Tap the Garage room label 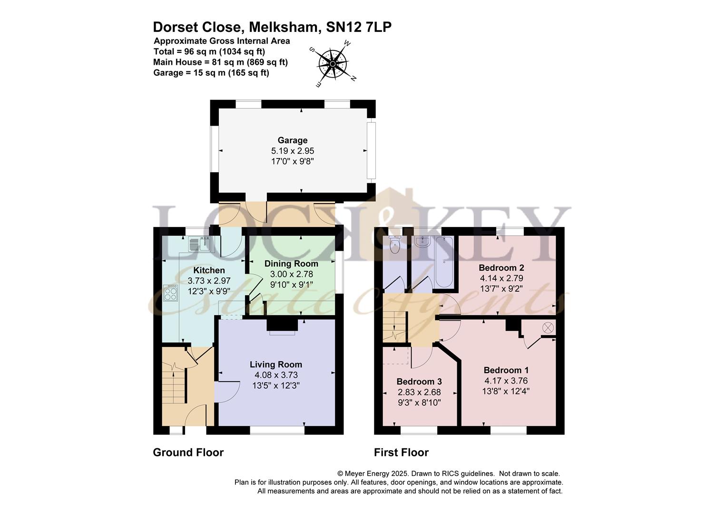pyautogui.click(x=293, y=140)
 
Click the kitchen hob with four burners pyautogui.click(x=170, y=293)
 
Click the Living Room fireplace pyautogui.click(x=282, y=326)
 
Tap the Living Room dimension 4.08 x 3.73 pyautogui.click(x=276, y=375)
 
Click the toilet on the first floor pyautogui.click(x=394, y=245)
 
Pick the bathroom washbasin pyautogui.click(x=422, y=242)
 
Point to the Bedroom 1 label pyautogui.click(x=506, y=370)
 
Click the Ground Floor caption pyautogui.click(x=188, y=453)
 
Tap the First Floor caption pyautogui.click(x=401, y=453)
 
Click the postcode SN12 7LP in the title pyautogui.click(x=359, y=27)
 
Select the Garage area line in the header pyautogui.click(x=211, y=73)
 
